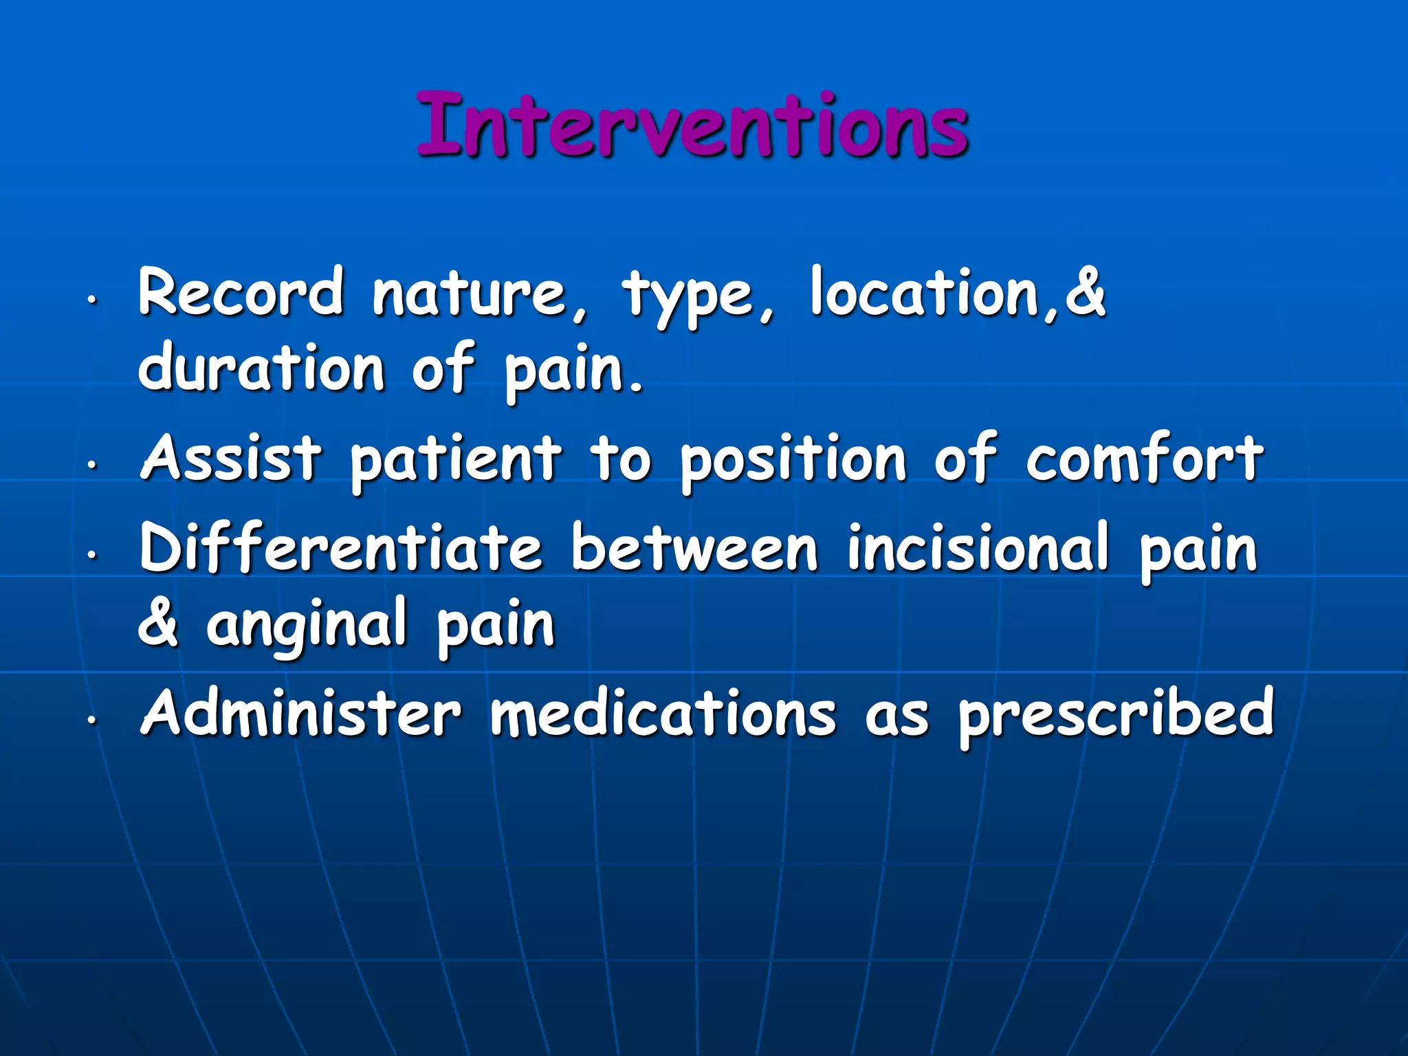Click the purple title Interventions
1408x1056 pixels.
[693, 125]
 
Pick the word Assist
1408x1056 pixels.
[231, 459]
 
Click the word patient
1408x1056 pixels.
[456, 461]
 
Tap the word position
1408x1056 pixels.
[793, 461]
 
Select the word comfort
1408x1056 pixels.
[1144, 459]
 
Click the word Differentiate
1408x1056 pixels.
[340, 548]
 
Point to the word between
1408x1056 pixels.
[694, 548]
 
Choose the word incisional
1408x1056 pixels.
[978, 548]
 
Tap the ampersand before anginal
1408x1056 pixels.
[159, 622]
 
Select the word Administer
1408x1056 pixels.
[300, 713]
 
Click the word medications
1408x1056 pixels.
[663, 713]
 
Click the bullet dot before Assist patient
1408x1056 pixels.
[90, 465]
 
